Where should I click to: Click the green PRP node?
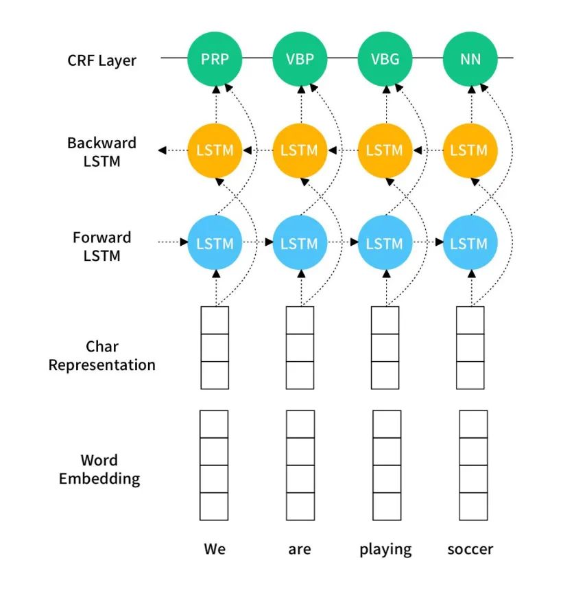click(x=215, y=58)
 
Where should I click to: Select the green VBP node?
click(x=300, y=58)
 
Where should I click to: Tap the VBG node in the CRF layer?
click(x=385, y=58)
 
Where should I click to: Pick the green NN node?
click(x=470, y=58)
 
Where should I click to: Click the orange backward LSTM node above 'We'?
click(x=215, y=150)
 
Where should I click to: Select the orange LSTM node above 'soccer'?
click(x=470, y=150)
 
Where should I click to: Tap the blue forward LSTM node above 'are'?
click(x=300, y=242)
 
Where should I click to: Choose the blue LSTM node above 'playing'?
click(x=385, y=242)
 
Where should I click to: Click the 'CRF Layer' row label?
click(x=101, y=60)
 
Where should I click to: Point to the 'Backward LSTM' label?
click(x=101, y=152)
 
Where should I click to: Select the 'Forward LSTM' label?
click(x=101, y=246)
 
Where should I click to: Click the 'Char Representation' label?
click(x=101, y=356)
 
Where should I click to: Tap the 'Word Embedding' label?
click(x=99, y=470)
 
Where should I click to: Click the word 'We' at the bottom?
click(x=215, y=548)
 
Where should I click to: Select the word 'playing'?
click(x=385, y=550)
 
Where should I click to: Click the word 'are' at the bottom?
click(x=300, y=550)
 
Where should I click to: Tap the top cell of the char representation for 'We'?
click(x=215, y=320)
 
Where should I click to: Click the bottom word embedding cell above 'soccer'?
click(x=473, y=507)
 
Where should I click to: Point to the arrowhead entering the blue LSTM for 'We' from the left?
click(x=184, y=242)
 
